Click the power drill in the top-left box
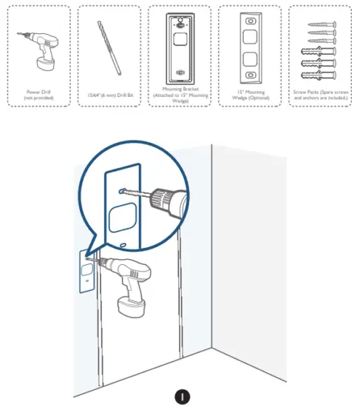40,48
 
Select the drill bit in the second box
108,47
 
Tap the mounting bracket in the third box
178,49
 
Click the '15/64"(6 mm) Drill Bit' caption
108,93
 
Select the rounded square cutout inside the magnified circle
122,218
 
